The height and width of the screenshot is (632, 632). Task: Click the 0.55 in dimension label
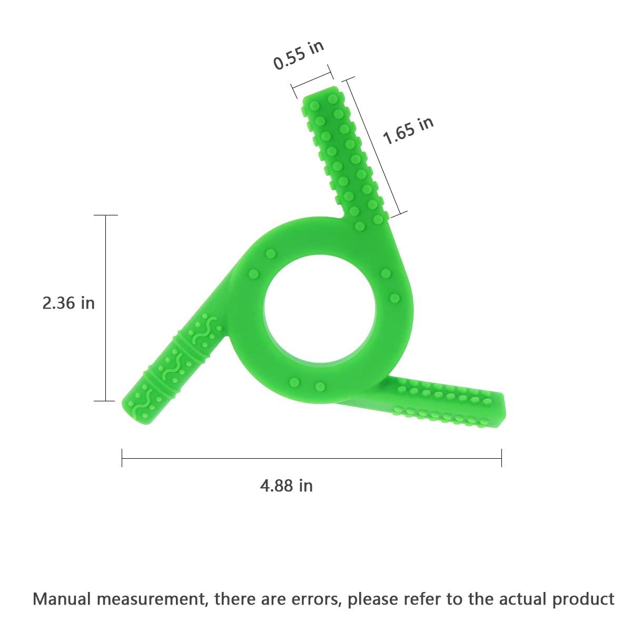[299, 55]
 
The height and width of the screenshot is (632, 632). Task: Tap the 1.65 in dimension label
[408, 131]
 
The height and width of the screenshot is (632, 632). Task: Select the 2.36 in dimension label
[68, 303]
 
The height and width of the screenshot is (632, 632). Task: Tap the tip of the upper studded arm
[321, 93]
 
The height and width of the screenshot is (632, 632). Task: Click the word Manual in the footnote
[61, 598]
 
